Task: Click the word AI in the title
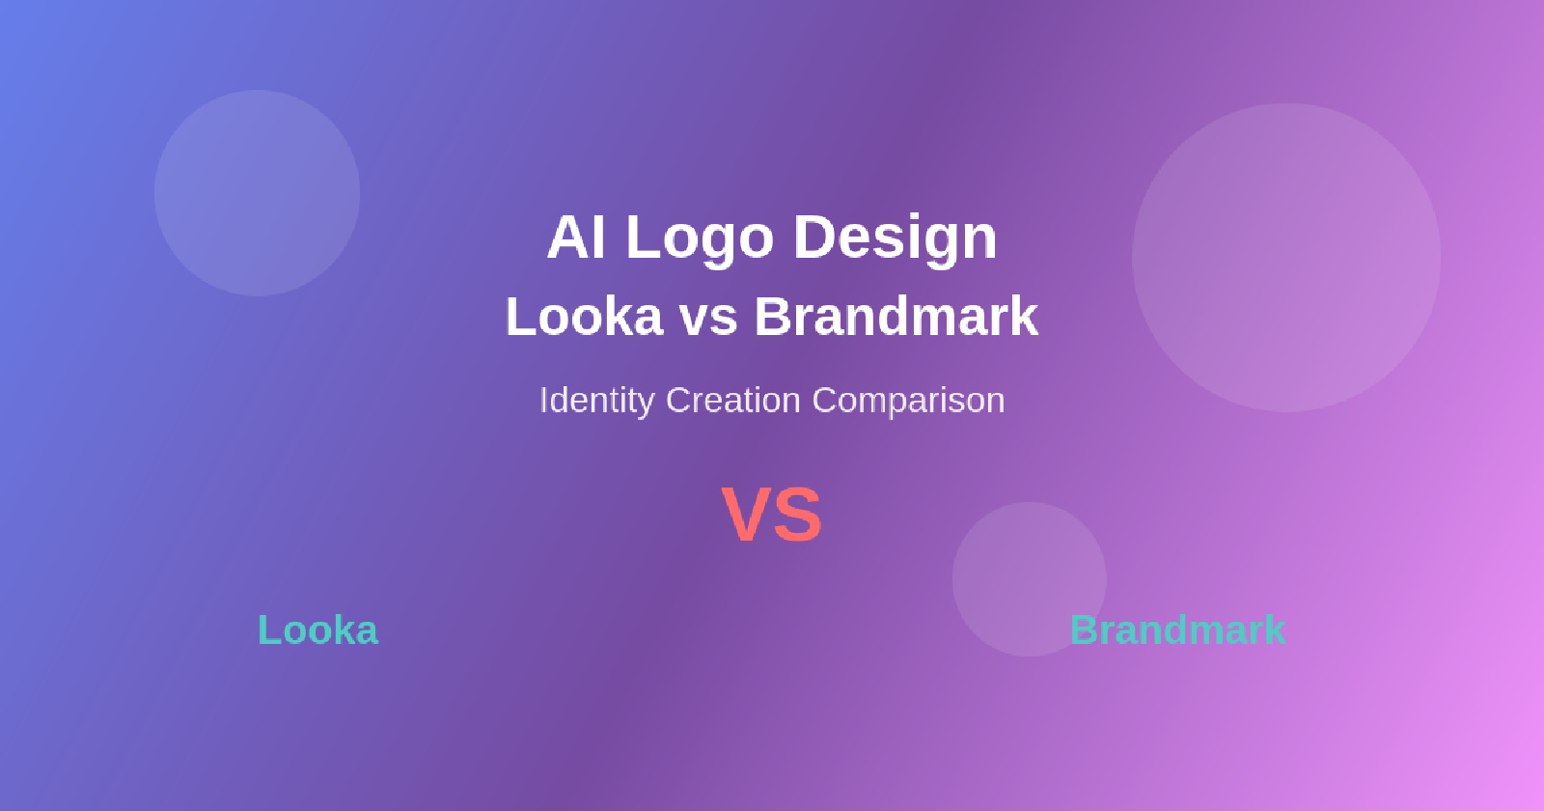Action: (576, 238)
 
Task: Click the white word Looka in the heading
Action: (585, 317)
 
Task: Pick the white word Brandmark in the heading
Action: (896, 317)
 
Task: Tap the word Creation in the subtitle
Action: (733, 400)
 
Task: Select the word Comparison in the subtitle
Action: (908, 400)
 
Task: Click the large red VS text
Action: (772, 516)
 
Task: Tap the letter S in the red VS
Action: (798, 516)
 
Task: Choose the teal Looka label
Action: (317, 630)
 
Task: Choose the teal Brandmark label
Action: (1177, 630)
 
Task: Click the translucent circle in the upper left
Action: (258, 193)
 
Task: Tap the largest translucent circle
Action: (1286, 258)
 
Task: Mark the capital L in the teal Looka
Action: (267, 630)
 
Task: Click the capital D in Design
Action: (813, 238)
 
